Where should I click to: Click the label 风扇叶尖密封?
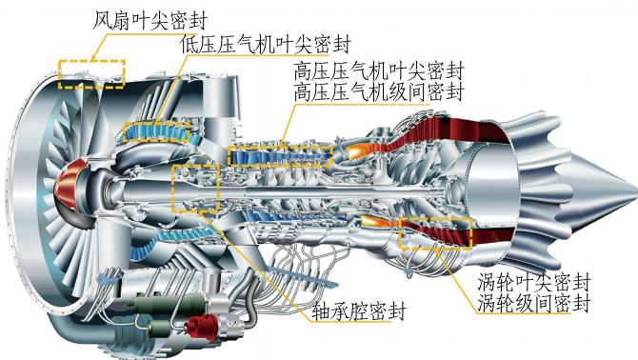150,21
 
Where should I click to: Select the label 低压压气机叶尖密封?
266,45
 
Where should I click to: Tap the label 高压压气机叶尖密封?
378,70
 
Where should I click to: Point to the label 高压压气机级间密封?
378,91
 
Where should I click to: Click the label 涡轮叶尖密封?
534,282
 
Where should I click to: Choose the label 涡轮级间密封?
534,303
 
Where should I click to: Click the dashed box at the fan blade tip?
91,61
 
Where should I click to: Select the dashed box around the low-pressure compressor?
157,123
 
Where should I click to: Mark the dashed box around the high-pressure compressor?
281,147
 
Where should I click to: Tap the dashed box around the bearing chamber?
173,190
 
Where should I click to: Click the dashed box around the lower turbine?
435,219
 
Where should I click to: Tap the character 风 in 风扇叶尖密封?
102,21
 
